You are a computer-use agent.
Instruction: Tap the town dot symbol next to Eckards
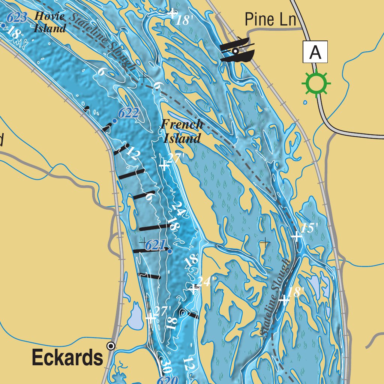[x=111, y=346]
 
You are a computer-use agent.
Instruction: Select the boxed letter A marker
[x=315, y=52]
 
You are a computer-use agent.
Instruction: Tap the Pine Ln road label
[x=270, y=19]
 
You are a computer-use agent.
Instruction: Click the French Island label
[x=182, y=131]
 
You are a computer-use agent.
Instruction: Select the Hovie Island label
[x=49, y=22]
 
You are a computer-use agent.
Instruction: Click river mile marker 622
[x=128, y=113]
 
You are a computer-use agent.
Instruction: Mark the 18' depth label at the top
[x=184, y=20]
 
